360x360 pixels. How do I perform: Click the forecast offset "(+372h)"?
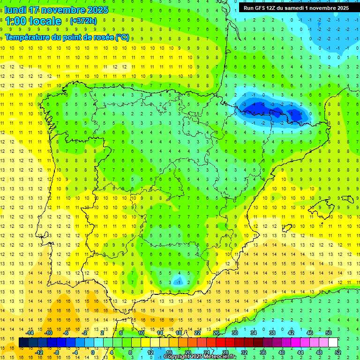pos(83,21)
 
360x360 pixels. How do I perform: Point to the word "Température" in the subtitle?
pos(27,37)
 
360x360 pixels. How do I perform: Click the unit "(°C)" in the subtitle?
pos(122,37)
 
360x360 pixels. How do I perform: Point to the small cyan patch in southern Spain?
pos(178,281)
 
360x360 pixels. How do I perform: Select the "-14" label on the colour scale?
pos(30,333)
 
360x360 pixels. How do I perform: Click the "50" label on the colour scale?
pos(329,333)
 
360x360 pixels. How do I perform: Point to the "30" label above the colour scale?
pos(234,333)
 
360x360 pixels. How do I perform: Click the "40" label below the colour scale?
pos(282,352)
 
